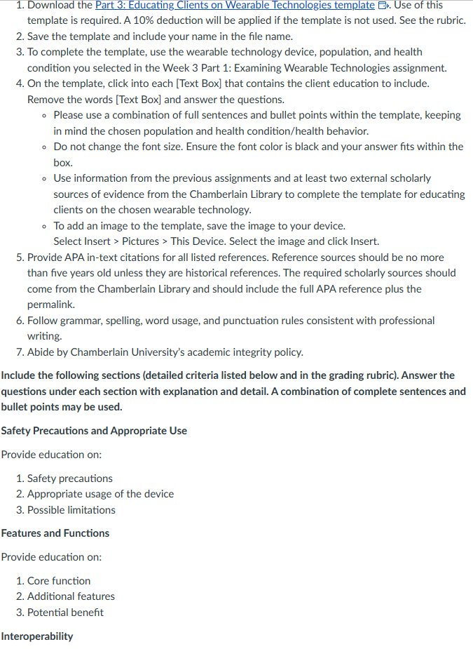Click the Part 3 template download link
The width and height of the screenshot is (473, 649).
(235, 5)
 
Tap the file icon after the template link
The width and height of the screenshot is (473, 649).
(383, 6)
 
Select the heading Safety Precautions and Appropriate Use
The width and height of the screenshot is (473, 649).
(94, 430)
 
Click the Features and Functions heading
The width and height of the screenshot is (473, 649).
(55, 533)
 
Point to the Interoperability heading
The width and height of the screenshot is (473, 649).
(37, 636)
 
